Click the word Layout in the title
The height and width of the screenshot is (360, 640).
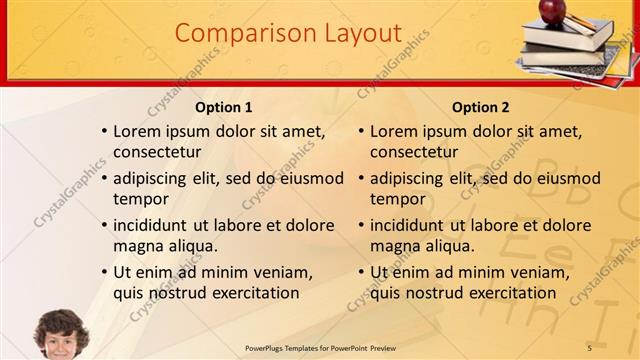point(356,33)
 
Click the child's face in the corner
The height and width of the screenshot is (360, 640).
point(61,335)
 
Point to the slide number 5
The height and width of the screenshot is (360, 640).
point(590,347)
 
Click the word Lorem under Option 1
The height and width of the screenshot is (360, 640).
point(137,131)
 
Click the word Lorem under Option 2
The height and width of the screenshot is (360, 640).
point(394,131)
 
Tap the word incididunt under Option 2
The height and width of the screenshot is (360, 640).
point(412,225)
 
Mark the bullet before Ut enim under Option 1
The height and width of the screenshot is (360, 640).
point(104,272)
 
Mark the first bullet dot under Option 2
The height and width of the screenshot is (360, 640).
point(361,131)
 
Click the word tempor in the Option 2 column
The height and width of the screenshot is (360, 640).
point(398,199)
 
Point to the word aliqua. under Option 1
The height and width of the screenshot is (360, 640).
point(190,246)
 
